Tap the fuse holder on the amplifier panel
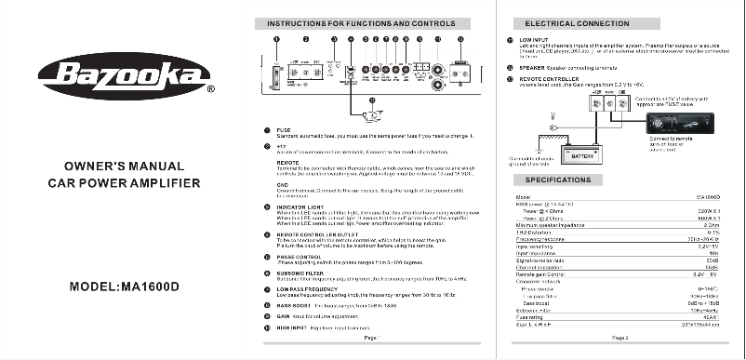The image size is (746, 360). click(277, 73)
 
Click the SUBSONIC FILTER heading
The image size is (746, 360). click(300, 273)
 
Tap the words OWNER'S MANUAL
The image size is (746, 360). click(123, 165)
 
